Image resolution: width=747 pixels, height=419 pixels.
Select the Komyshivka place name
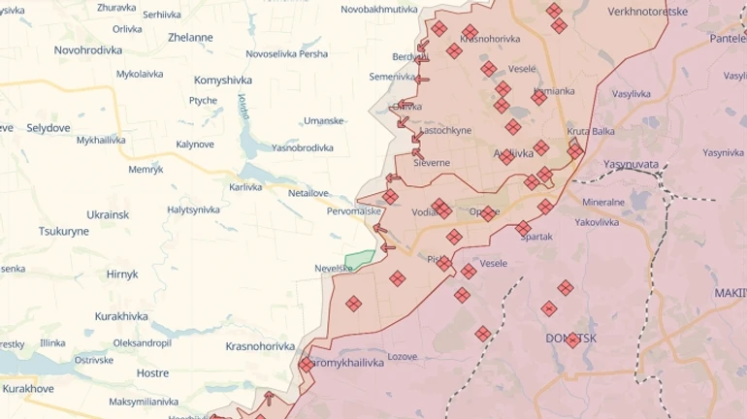[x=222, y=80]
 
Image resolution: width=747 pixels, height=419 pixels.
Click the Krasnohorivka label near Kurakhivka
[x=259, y=346]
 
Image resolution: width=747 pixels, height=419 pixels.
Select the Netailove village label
[x=309, y=193]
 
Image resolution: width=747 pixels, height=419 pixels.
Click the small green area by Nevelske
[x=359, y=260]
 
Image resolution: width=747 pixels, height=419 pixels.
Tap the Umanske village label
[x=323, y=121]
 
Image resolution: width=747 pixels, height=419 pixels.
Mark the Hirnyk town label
[x=122, y=274]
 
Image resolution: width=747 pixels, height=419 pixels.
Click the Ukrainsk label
[x=108, y=213]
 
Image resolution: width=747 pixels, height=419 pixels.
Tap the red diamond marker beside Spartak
[x=523, y=228]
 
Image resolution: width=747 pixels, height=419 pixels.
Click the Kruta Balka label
[x=591, y=132]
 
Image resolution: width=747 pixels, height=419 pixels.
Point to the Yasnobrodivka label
[x=302, y=148]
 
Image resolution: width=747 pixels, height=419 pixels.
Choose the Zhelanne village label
[x=190, y=38]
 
